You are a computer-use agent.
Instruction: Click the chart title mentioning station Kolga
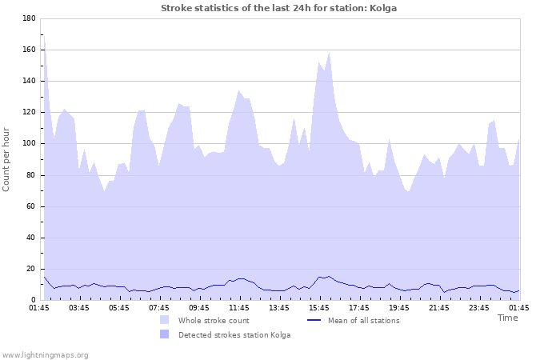click(278, 8)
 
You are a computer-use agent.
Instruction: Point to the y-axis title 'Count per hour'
click(7, 158)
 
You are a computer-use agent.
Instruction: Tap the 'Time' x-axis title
click(507, 318)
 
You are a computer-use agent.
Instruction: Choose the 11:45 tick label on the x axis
click(239, 307)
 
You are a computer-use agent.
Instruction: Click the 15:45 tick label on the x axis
click(319, 307)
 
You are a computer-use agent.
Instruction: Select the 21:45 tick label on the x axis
click(439, 307)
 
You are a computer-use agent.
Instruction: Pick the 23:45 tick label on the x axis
click(479, 307)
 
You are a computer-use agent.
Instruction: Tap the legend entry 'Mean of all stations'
click(364, 321)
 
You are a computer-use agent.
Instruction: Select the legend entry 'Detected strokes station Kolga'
click(234, 334)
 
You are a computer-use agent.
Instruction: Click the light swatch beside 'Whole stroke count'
click(164, 321)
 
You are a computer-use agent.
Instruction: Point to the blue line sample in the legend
click(314, 321)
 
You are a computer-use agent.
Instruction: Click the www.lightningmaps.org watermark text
click(45, 354)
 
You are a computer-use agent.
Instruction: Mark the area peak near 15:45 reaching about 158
click(329, 54)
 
